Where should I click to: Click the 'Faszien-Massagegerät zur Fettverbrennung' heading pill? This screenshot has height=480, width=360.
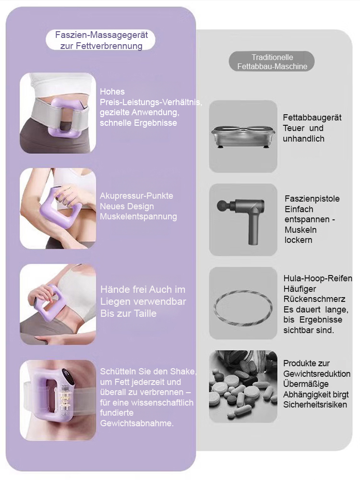[100, 40]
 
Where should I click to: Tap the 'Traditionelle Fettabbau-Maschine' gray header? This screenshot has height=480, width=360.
[272, 61]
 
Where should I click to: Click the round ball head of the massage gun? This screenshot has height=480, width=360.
[222, 205]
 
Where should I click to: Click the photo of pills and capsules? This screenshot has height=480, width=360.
[243, 386]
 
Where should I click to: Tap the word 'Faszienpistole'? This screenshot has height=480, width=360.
[312, 199]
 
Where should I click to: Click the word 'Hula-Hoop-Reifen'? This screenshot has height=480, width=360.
[318, 278]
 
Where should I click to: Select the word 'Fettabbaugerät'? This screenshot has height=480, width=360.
[312, 118]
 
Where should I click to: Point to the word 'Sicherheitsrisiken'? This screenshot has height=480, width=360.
[315, 405]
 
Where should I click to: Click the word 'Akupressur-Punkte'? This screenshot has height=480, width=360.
[136, 196]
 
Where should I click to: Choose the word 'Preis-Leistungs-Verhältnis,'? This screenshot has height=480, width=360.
[151, 102]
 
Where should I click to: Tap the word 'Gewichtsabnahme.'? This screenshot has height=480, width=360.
[137, 423]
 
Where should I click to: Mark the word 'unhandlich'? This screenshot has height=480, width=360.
[303, 139]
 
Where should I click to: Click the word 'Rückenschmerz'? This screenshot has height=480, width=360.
[314, 299]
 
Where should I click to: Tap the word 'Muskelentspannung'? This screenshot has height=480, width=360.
[138, 216]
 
